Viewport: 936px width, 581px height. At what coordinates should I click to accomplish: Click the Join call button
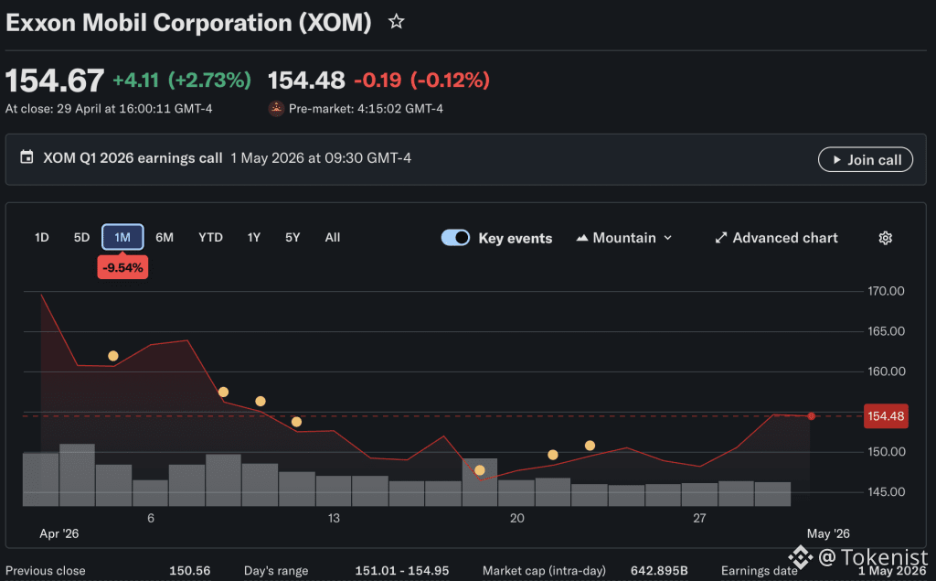coord(865,159)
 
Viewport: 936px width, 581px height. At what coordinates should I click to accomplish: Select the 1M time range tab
coord(122,237)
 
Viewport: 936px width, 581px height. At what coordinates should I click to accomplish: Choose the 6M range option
coord(165,237)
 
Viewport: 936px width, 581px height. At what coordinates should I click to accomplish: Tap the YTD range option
coord(210,237)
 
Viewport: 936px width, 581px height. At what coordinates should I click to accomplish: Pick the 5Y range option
coord(292,237)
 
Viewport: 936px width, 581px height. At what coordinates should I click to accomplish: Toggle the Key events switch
coord(455,238)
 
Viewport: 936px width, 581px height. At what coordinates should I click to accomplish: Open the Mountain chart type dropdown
coord(623,238)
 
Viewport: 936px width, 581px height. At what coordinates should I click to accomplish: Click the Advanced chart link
coord(776,238)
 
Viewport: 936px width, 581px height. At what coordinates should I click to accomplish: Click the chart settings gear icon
coord(885,238)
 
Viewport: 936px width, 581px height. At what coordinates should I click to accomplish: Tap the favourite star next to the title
coord(397,22)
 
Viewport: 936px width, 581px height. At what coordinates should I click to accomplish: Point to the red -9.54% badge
coord(122,268)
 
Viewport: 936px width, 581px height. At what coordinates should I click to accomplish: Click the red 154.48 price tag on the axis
coord(886,416)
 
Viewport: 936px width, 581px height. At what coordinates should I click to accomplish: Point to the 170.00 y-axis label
coord(886,291)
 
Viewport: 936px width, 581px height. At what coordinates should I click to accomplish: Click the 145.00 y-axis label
coord(886,492)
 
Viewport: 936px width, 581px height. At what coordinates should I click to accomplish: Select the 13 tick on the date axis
coord(334,518)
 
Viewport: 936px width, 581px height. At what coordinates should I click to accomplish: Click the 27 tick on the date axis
coord(699,518)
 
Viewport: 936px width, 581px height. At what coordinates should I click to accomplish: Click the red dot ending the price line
coord(812,416)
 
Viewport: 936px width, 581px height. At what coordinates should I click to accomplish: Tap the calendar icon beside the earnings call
coord(27,157)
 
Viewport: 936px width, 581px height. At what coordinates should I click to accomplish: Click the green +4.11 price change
coord(135,81)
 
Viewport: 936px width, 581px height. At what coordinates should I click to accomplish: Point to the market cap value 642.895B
coord(659,571)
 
